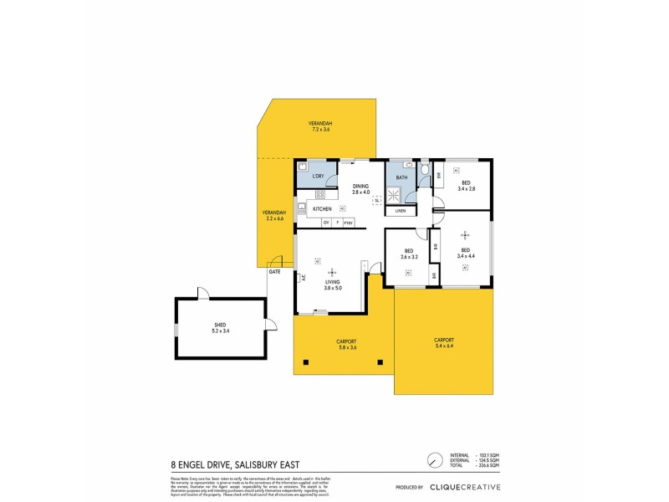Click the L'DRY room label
pyautogui.click(x=318, y=177)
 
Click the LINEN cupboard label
pyautogui.click(x=401, y=211)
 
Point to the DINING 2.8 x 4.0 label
pyautogui.click(x=360, y=189)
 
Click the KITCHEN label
pyautogui.click(x=322, y=208)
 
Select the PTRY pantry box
pyautogui.click(x=348, y=222)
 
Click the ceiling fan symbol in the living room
pyautogui.click(x=332, y=271)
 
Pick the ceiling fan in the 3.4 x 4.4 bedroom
pyautogui.click(x=465, y=236)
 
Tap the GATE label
pyautogui.click(x=273, y=272)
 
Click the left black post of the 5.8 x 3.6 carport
pyautogui.click(x=305, y=361)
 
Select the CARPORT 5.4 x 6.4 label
pyautogui.click(x=444, y=342)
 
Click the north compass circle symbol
pyautogui.click(x=433, y=461)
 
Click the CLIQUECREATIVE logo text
pyautogui.click(x=465, y=487)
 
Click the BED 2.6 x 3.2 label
pyautogui.click(x=409, y=254)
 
